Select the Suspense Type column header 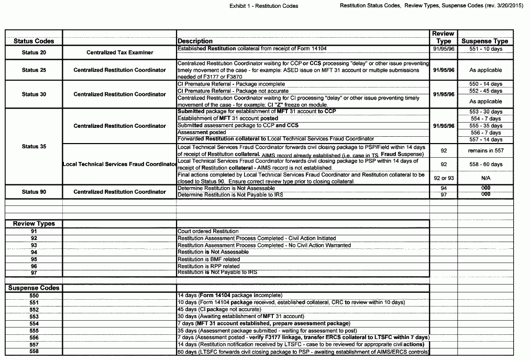point(484,41)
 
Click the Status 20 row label point(34,52)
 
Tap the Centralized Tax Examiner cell point(119,52)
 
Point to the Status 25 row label point(34,70)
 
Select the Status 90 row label point(34,192)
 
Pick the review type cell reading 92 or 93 point(444,178)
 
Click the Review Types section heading point(34,224)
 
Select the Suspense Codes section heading point(34,288)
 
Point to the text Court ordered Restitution point(208,231)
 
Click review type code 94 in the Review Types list point(34,252)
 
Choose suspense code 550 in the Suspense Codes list point(34,296)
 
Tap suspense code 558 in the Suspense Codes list point(34,351)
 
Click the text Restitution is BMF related point(208,259)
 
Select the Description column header point(195,41)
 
